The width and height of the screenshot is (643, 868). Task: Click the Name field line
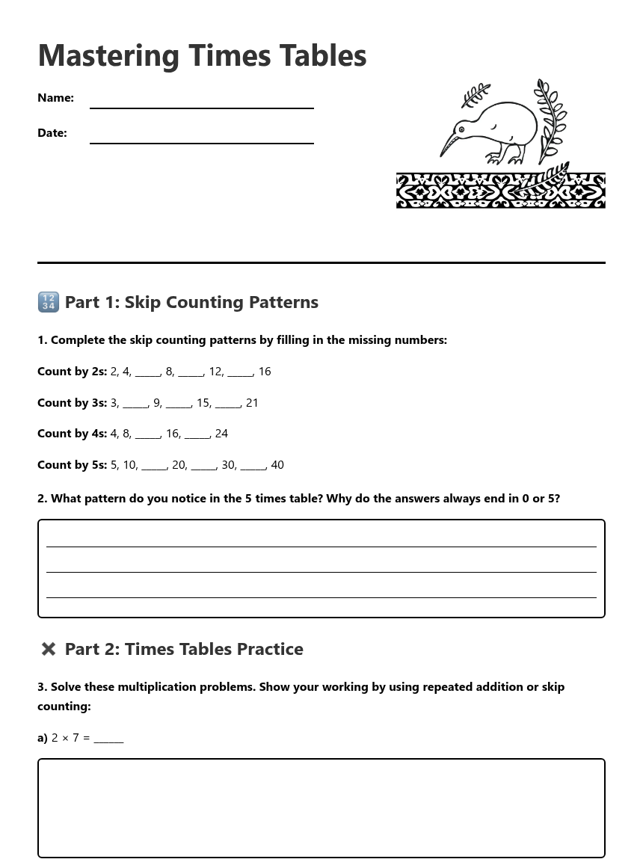[x=201, y=107]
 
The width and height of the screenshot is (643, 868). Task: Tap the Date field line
[x=201, y=142]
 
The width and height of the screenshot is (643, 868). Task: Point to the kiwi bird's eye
[x=461, y=129]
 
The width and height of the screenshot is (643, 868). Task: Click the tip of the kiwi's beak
[x=441, y=156]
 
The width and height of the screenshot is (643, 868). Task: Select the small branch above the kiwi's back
[x=475, y=95]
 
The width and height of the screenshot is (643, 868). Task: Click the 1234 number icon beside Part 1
[x=48, y=302]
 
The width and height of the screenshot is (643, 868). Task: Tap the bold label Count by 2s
[x=72, y=372]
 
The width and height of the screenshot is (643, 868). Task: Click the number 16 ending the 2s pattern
[x=265, y=372]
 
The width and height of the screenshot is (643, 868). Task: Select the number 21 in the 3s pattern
[x=252, y=403]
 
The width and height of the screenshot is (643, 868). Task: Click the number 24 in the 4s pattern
[x=221, y=434]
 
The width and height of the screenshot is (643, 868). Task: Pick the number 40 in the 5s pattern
[x=277, y=465]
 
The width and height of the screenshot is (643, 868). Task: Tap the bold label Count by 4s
[x=72, y=434]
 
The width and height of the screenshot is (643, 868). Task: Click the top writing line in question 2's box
[x=321, y=546]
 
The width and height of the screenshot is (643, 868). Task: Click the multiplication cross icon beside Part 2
[x=49, y=649]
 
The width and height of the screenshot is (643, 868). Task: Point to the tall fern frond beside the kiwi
[x=551, y=120]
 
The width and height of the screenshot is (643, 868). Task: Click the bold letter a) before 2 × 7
[x=43, y=738]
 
